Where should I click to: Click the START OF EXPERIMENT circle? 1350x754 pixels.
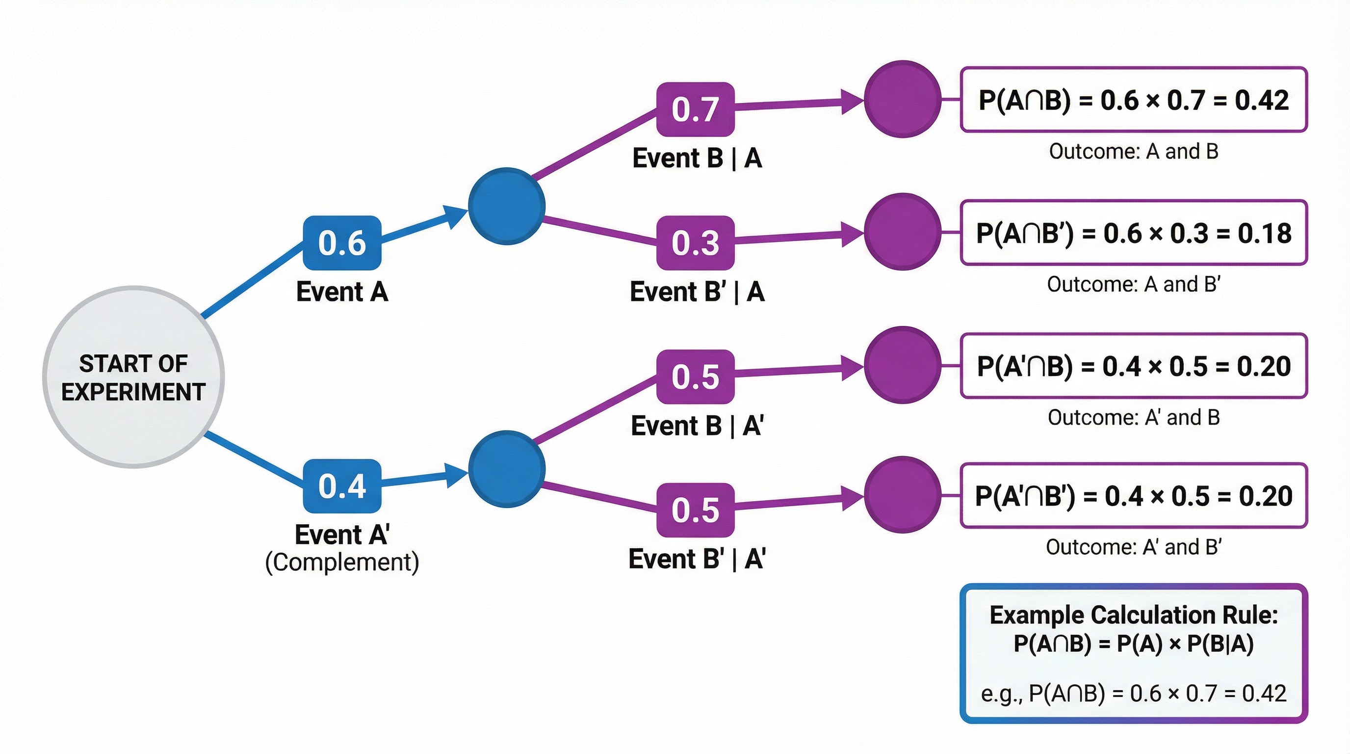(x=133, y=377)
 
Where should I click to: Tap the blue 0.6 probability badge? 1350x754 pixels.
(x=342, y=243)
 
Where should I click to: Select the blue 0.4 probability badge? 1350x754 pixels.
(x=342, y=486)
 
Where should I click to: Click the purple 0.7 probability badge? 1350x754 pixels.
(x=695, y=109)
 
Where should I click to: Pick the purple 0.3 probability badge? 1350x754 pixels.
(x=695, y=243)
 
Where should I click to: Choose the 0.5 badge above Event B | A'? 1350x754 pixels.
(x=695, y=377)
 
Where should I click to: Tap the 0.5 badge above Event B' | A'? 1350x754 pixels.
(x=695, y=510)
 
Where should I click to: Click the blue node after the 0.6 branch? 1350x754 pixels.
(x=506, y=206)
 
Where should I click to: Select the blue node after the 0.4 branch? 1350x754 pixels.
(x=506, y=469)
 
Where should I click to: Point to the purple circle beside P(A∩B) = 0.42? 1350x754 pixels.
(x=903, y=99)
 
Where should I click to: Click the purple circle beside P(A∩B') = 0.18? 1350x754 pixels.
(x=903, y=232)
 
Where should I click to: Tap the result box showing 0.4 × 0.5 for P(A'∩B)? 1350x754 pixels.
(x=1133, y=366)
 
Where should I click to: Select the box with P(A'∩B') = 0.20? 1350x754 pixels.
(x=1133, y=495)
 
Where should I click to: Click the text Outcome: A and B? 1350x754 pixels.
(x=1133, y=152)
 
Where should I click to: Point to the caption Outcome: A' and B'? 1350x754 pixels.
(x=1133, y=547)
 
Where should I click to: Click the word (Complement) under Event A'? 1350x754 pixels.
(x=342, y=562)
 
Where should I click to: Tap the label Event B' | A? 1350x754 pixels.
(x=697, y=292)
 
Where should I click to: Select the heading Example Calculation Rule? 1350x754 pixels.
(x=1133, y=615)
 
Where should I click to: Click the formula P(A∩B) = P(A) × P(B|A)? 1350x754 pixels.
(x=1133, y=644)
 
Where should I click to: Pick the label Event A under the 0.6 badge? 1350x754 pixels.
(x=342, y=292)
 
